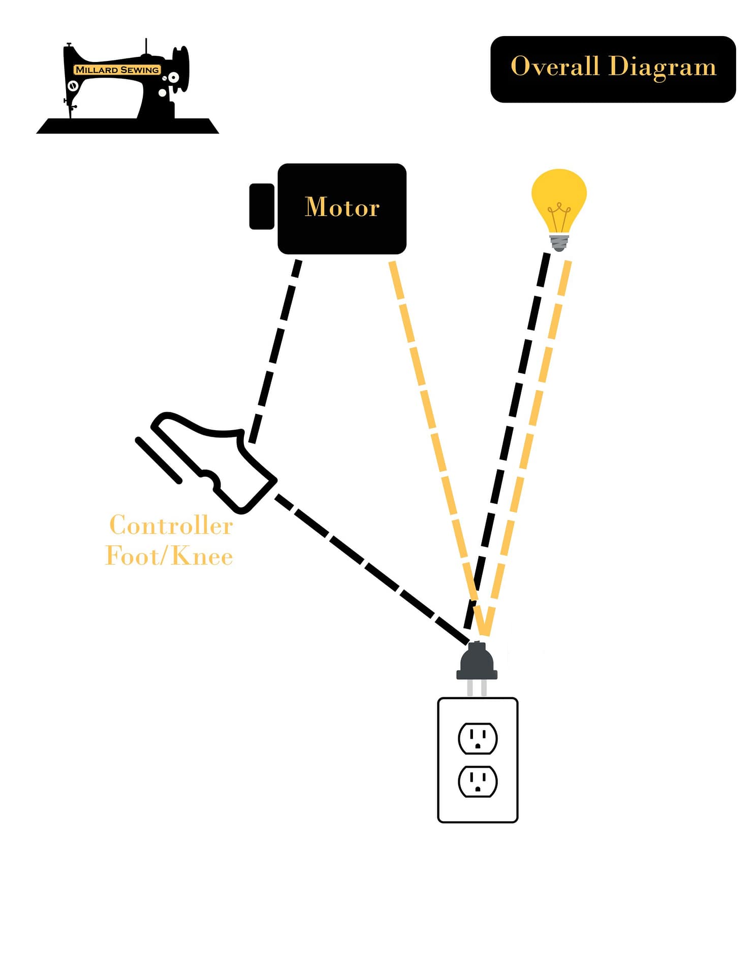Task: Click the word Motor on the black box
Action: click(x=342, y=207)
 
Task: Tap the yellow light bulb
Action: click(x=559, y=198)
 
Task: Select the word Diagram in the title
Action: click(x=663, y=68)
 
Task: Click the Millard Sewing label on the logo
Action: click(x=117, y=70)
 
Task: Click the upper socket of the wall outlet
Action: click(x=478, y=738)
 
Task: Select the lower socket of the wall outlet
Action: click(x=478, y=781)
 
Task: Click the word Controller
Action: click(x=171, y=525)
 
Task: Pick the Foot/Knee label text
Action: click(x=169, y=556)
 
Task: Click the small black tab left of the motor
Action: click(x=262, y=207)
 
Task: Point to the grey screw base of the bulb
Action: click(x=559, y=242)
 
